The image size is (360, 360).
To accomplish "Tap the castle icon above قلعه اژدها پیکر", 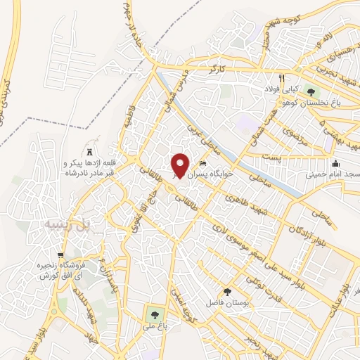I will point(89,152).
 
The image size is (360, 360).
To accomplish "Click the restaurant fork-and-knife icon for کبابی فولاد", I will point(282,78).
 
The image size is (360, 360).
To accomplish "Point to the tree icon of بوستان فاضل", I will point(226,291).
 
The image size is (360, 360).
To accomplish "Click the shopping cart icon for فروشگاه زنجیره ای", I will point(61,255).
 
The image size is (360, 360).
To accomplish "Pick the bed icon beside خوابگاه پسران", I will point(203,165).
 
